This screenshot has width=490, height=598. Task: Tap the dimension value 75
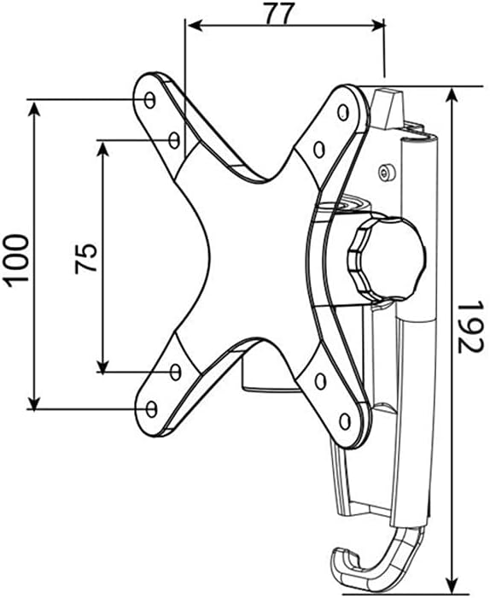click(85, 258)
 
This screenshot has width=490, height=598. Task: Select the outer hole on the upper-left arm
click(150, 100)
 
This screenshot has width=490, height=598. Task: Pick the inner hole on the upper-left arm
click(174, 138)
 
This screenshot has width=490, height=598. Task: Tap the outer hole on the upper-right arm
click(343, 111)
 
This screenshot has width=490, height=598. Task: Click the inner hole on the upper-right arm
click(318, 149)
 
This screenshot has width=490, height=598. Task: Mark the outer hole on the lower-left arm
click(151, 409)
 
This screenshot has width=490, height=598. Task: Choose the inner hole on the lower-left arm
click(175, 372)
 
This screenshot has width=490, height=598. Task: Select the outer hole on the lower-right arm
click(344, 420)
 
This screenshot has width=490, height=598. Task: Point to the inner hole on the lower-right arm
click(320, 382)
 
